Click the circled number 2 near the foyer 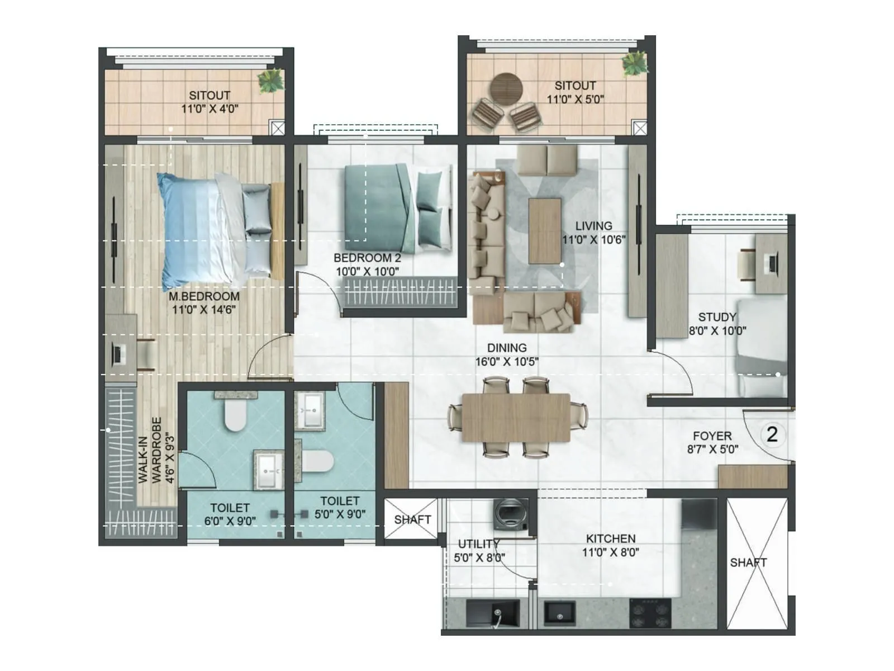pos(772,434)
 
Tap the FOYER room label pos(712,436)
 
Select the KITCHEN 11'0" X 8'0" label pos(610,545)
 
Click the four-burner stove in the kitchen pos(650,613)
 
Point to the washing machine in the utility pos(511,514)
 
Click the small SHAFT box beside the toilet pos(412,519)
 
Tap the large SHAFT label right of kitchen pos(748,562)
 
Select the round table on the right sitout pos(506,88)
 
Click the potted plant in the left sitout pos(270,82)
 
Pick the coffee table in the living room pos(545,230)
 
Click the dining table pos(516,417)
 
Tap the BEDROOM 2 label pos(367,264)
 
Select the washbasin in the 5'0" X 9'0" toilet pos(309,410)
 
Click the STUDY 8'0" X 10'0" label pos(717,324)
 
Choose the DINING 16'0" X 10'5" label pos(506,355)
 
